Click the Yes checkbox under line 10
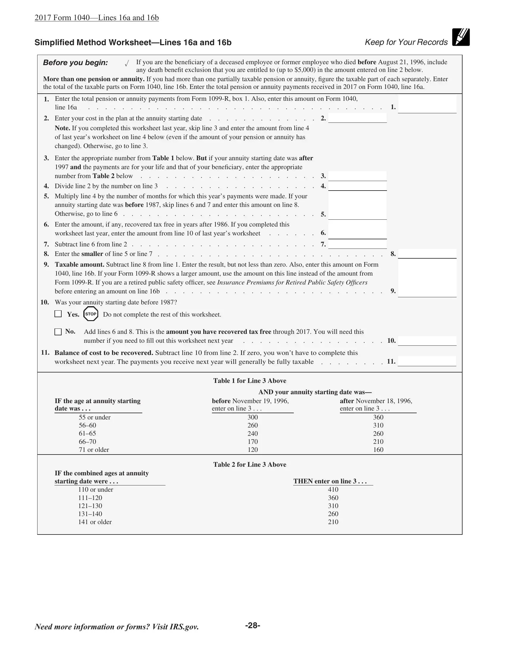coord(58,314)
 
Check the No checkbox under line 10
coord(58,332)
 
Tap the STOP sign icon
coord(91,314)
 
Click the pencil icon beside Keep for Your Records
coord(461,37)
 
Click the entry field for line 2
coord(357,118)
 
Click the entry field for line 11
coord(427,361)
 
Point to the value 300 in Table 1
coord(253,417)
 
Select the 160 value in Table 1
coord(378,450)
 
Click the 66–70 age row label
coord(87,442)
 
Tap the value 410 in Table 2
coord(333,490)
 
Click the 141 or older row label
coord(95,522)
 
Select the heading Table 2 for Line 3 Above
coord(250,464)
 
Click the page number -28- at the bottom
coord(252,625)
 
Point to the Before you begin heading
coord(75,63)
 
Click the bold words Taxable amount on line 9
coord(79,265)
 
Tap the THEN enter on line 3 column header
coord(330,481)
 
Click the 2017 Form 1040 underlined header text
coord(96,18)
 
